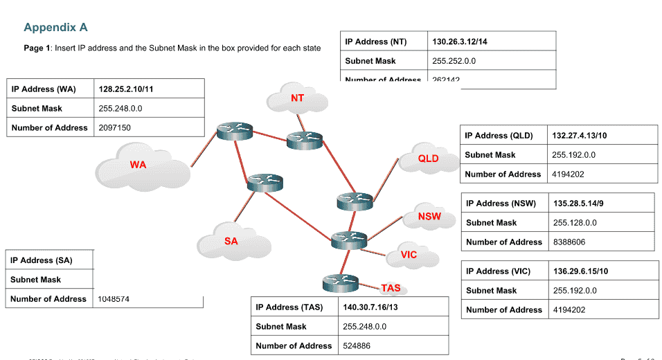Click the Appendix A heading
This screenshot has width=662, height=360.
pyautogui.click(x=55, y=28)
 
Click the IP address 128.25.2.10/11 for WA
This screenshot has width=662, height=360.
pyautogui.click(x=126, y=89)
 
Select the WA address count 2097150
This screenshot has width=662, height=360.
pyautogui.click(x=115, y=128)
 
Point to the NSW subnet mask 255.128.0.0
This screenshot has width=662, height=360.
pyautogui.click(x=575, y=223)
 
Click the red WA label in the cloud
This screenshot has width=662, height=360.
pyautogui.click(x=138, y=165)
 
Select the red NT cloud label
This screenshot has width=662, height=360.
pyautogui.click(x=297, y=98)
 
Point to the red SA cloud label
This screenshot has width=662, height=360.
pyautogui.click(x=231, y=242)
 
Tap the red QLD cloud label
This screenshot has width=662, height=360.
pyautogui.click(x=428, y=159)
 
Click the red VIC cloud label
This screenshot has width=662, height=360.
pyautogui.click(x=409, y=255)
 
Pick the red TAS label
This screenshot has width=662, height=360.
pyautogui.click(x=391, y=288)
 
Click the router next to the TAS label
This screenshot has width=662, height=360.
pyautogui.click(x=340, y=282)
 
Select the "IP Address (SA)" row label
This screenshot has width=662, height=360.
pyautogui.click(x=42, y=260)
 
